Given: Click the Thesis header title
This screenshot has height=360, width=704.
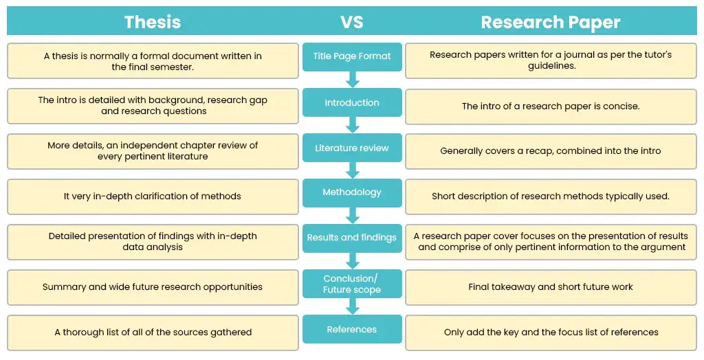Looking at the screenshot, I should click(x=153, y=22).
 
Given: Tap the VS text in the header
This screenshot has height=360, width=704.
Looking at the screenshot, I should click(x=352, y=22).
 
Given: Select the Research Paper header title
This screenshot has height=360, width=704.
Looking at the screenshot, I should click(x=550, y=22).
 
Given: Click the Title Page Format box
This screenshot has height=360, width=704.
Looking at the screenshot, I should click(x=352, y=56).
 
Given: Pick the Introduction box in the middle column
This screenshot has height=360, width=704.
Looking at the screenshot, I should click(x=352, y=102).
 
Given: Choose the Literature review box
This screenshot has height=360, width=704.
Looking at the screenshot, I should click(x=352, y=148).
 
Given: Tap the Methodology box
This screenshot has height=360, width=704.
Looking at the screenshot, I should click(x=352, y=192).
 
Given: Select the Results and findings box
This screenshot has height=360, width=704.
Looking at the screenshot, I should click(x=352, y=238).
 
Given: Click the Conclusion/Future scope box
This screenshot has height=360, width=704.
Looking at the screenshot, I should click(x=352, y=284).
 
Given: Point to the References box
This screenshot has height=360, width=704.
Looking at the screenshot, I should click(x=352, y=330).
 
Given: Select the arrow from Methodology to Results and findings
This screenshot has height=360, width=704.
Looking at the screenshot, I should click(x=353, y=215).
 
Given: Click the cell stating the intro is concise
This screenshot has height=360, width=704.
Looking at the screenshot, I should click(x=550, y=106).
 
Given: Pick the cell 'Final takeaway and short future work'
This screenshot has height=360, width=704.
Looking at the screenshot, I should click(x=550, y=287).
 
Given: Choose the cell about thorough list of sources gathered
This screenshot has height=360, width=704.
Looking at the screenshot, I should click(x=153, y=333).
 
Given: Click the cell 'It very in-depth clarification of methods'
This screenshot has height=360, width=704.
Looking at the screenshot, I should click(x=153, y=196).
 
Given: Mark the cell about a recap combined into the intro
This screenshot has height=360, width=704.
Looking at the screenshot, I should click(x=550, y=151).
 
